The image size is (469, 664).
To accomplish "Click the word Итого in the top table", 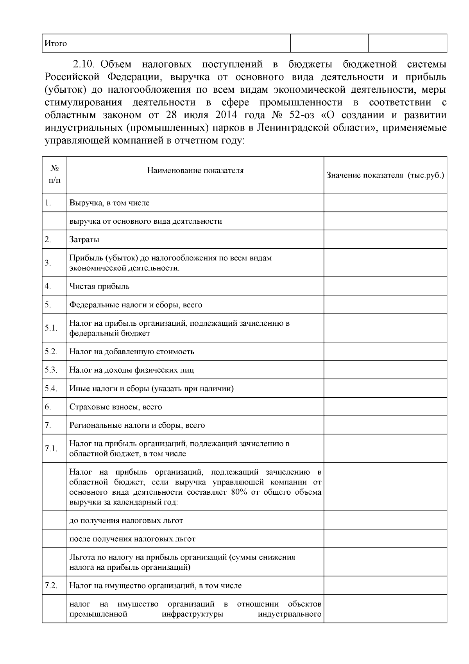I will [x=55, y=43].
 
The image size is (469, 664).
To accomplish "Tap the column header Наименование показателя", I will [x=195, y=170].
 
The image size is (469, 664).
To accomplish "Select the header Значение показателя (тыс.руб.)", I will [x=385, y=175].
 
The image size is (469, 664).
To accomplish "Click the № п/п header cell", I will [x=54, y=174].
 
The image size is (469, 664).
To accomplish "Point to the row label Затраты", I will [x=84, y=239].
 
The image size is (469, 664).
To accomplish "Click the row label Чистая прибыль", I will [x=99, y=286].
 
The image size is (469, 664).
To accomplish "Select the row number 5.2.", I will [x=51, y=351].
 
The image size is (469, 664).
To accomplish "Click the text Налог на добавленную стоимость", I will [x=132, y=351].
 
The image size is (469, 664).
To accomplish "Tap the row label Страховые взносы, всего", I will [x=116, y=407].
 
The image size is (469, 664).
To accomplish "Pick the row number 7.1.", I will [x=51, y=449].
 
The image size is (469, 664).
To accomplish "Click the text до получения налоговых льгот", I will [x=126, y=520].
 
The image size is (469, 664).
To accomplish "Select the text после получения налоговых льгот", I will [x=132, y=539].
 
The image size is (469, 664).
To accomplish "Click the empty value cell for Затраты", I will [x=385, y=239].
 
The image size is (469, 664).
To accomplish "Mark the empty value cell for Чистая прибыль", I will [x=385, y=286].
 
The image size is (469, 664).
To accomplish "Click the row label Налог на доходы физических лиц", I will [x=131, y=370].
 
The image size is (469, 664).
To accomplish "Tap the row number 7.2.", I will [x=51, y=585].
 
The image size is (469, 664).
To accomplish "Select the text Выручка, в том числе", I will [x=109, y=203].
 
